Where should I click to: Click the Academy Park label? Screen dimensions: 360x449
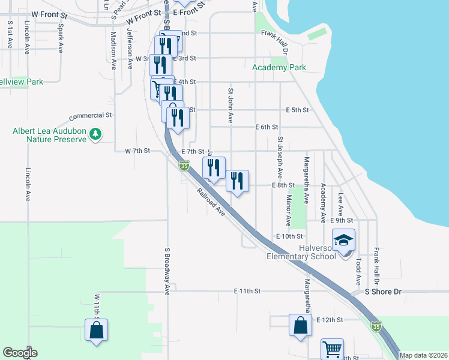pos(279,67)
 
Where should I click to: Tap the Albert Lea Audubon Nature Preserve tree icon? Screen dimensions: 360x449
pos(95,135)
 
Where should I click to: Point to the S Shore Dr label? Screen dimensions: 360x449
pos(383,292)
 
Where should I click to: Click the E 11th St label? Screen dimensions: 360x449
pos(247,291)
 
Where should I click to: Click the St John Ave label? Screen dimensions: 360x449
pos(230,106)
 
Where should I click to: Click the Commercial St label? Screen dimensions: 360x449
pos(91,115)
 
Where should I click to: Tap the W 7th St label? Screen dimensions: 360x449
pos(135,151)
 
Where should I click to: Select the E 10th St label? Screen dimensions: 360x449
pos(286,237)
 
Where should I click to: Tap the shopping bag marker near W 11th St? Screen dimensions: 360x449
pos(96,331)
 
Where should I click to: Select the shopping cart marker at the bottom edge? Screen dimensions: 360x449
pos(332,349)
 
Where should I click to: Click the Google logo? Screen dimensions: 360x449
pos(20,353)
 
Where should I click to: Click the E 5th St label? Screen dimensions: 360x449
pos(297,110)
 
